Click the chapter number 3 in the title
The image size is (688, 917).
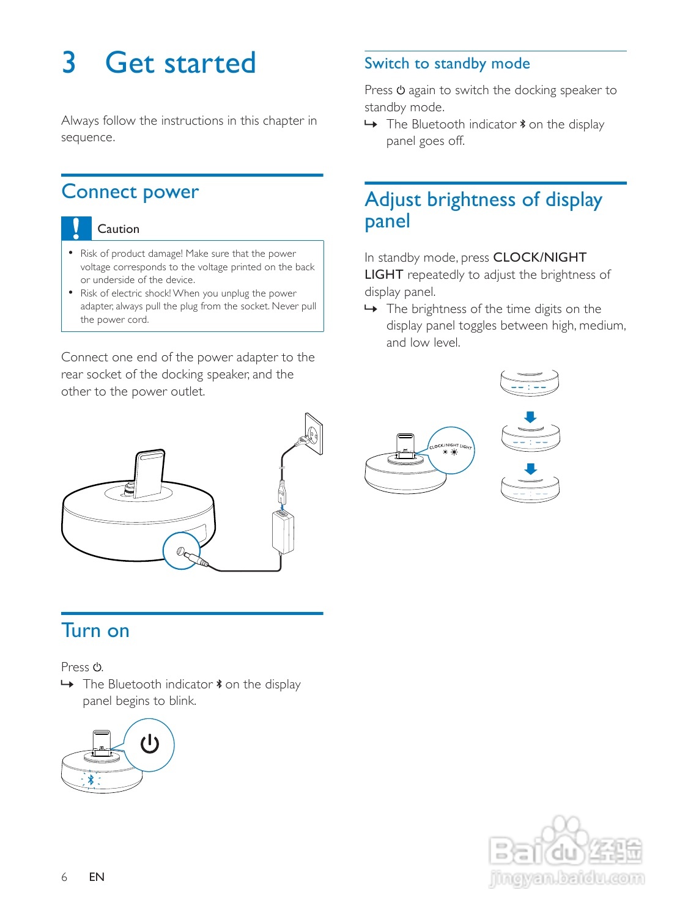coord(69,63)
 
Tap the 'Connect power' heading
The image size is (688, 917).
coord(130,192)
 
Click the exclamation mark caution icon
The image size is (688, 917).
coord(76,229)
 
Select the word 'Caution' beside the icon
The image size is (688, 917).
coord(119,229)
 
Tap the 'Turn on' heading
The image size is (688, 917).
coord(95,631)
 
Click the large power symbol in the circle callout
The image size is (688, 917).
coord(150,744)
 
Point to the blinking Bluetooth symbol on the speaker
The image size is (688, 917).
coord(91,779)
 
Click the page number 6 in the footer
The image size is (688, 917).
coord(64,877)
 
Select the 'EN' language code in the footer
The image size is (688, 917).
coord(97,877)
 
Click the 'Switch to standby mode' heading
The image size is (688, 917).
coord(447,64)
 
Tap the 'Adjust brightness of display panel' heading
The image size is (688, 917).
coord(483,210)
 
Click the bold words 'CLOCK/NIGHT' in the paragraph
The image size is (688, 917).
coord(539,257)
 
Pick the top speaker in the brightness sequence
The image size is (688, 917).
coord(529,383)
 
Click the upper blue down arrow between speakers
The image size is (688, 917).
coord(530,418)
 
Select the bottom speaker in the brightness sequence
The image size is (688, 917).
coord(530,489)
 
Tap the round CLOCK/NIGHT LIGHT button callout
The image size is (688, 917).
coord(451,450)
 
